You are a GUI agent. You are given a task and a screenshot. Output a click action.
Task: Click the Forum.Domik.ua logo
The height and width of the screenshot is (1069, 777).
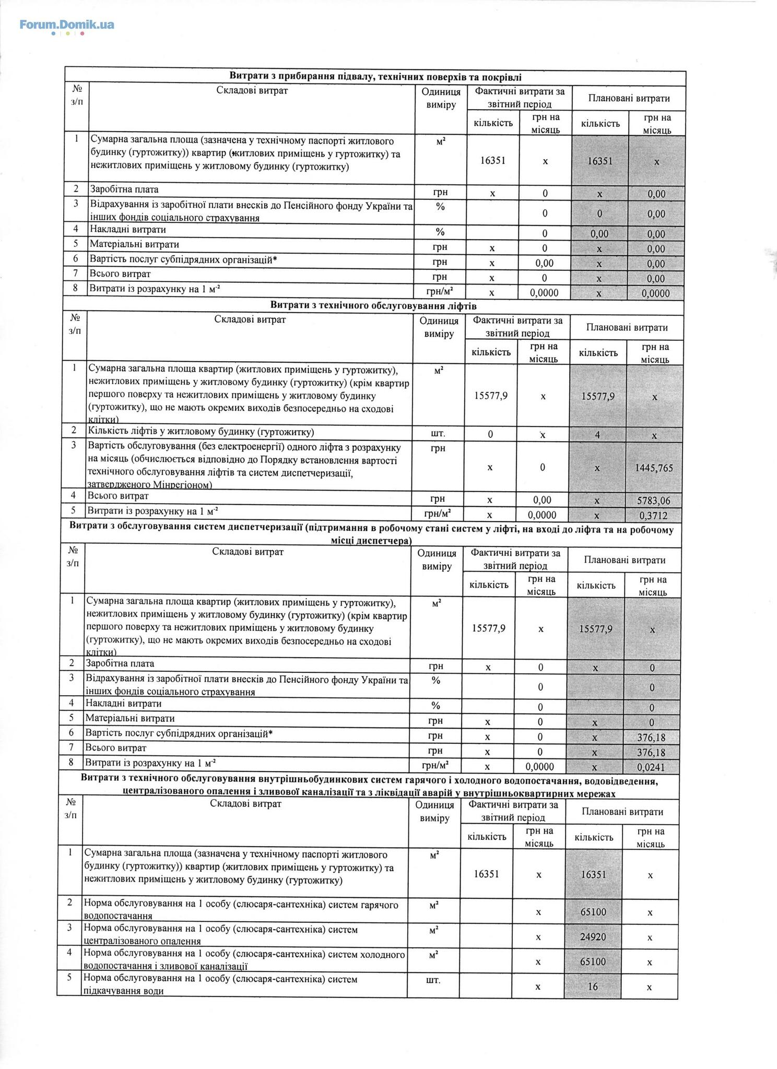[x=67, y=25]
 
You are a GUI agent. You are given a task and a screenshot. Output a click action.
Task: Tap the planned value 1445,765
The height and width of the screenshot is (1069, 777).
[x=654, y=468]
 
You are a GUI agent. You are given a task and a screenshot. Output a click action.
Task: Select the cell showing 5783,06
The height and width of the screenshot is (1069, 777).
[x=654, y=501]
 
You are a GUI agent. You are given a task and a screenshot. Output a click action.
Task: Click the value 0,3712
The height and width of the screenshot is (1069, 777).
[x=654, y=516]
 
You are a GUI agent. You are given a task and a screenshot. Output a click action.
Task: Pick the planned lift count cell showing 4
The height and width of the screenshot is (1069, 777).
[x=597, y=434]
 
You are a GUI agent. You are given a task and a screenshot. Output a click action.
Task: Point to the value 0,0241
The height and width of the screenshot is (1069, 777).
[x=651, y=767]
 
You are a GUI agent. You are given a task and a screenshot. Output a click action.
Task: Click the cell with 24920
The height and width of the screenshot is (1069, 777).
[x=593, y=936]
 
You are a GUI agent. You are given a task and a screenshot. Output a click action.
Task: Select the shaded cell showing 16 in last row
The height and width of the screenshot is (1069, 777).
[x=592, y=987]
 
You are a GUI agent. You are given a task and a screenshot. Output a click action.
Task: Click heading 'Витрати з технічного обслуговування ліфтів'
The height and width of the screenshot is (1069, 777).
[x=373, y=305]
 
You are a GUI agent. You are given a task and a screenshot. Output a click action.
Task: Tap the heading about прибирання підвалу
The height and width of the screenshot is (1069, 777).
[x=375, y=77]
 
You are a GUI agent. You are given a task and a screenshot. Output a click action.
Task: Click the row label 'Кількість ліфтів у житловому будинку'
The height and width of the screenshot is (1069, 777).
[x=201, y=432]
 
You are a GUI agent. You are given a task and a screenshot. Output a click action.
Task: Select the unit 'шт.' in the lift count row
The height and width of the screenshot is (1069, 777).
[x=439, y=433]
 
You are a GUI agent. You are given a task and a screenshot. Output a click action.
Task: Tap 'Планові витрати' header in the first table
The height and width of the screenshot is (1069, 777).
[x=629, y=98]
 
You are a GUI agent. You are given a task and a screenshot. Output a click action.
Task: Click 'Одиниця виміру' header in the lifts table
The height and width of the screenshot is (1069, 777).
[x=439, y=327]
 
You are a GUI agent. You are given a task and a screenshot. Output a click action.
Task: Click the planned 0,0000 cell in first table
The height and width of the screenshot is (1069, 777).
[x=656, y=293]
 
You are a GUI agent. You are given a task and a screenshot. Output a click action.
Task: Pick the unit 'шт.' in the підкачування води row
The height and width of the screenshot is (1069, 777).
[x=433, y=980]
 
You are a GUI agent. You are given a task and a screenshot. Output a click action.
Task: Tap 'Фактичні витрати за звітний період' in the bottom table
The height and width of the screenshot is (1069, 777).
[x=513, y=811]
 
